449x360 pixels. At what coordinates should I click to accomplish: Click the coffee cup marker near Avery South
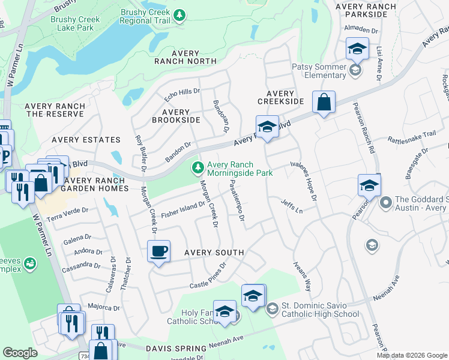pos(159,251)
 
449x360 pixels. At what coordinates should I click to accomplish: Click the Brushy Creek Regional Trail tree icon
pos(179,15)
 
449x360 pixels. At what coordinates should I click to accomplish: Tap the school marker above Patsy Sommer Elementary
pos(357,49)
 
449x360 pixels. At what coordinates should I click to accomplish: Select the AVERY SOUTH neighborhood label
pos(214,253)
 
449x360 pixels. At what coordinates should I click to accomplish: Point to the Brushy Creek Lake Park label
pos(76,23)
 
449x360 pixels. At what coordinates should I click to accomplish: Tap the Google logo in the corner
pos(20,353)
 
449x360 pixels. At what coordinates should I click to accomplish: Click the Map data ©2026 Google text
pos(412,355)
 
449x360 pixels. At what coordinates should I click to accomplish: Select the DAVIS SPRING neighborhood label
pos(172,348)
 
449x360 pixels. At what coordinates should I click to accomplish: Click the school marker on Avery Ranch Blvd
pos(267,127)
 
